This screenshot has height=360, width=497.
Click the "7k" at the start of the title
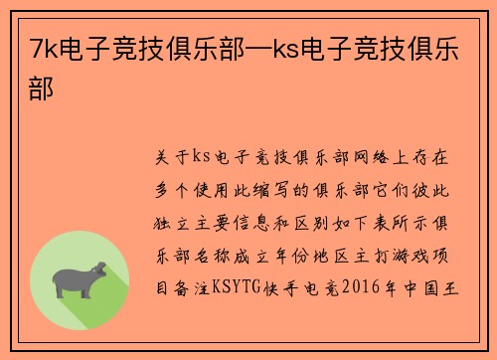click(x=43, y=47)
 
